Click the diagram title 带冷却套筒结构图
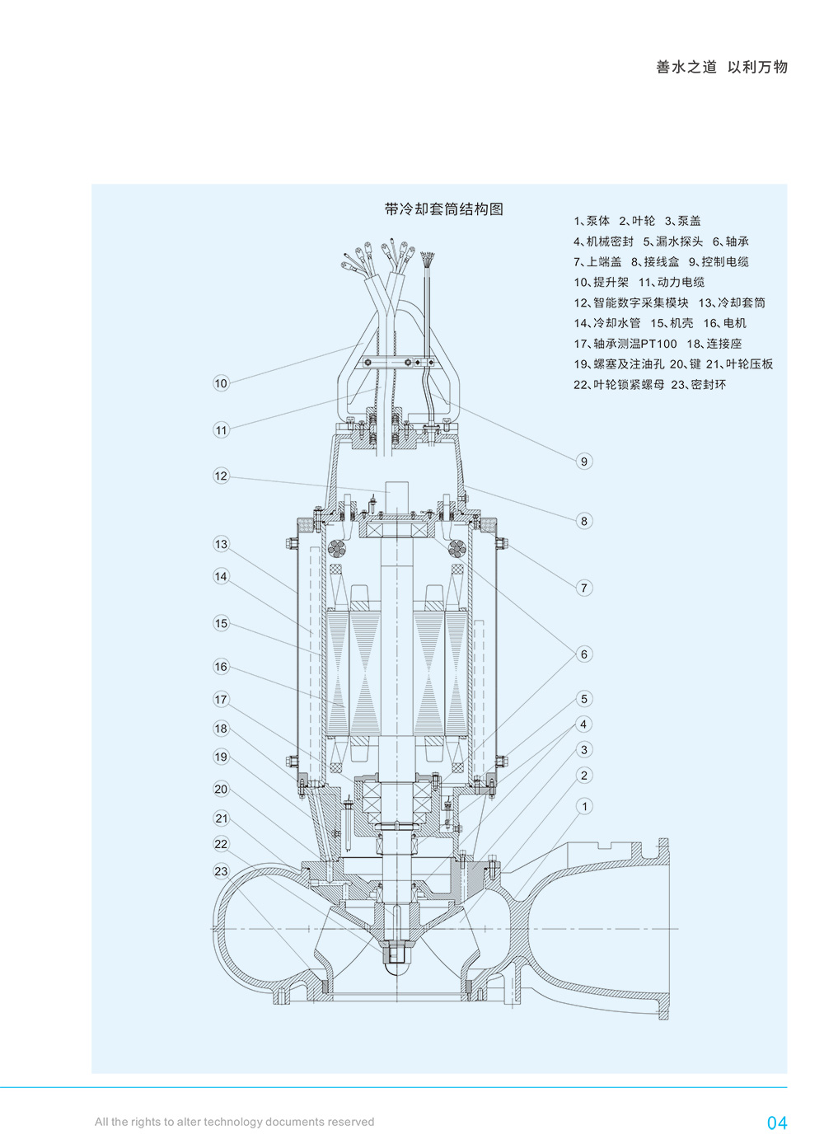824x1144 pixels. [443, 209]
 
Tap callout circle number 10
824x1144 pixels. [221, 383]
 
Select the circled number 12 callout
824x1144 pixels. [221, 476]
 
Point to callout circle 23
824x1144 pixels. [221, 871]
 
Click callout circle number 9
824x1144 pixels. [584, 462]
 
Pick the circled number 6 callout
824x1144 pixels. [584, 654]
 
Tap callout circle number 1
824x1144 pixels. [584, 806]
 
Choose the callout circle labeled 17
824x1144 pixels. [221, 700]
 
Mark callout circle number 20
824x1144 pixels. [221, 789]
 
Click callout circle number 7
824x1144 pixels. [584, 588]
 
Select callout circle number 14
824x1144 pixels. [221, 576]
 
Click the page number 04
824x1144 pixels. [776, 1123]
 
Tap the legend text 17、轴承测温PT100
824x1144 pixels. [625, 344]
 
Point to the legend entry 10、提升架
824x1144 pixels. [601, 282]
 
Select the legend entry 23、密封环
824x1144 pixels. [698, 385]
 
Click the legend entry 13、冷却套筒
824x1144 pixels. [731, 302]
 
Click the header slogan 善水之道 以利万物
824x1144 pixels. [722, 68]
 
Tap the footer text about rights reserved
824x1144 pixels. [234, 1122]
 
